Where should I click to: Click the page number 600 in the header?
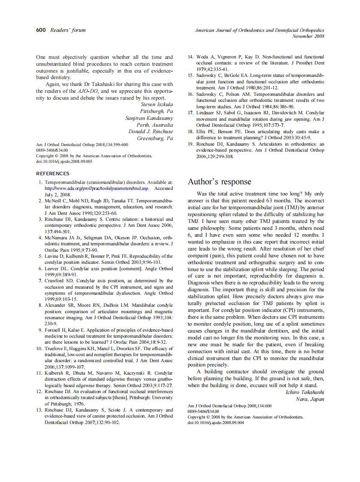[41, 30]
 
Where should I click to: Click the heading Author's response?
[219, 182]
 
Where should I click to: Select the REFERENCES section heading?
[52, 174]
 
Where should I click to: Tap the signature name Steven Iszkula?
[157, 104]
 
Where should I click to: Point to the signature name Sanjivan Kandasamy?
[149, 118]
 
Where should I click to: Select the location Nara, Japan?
[310, 399]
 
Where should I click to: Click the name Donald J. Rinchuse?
[150, 131]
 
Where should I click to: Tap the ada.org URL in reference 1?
[97, 188]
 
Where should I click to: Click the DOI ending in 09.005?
[64, 162]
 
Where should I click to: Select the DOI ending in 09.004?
[216, 423]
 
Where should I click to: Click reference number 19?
[191, 144]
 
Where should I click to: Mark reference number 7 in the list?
[40, 281]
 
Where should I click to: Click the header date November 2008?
[308, 36]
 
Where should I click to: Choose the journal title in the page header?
[259, 31]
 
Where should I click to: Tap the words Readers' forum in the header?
[68, 30]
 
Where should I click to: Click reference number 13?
[40, 410]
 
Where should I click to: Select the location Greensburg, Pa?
[155, 138]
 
